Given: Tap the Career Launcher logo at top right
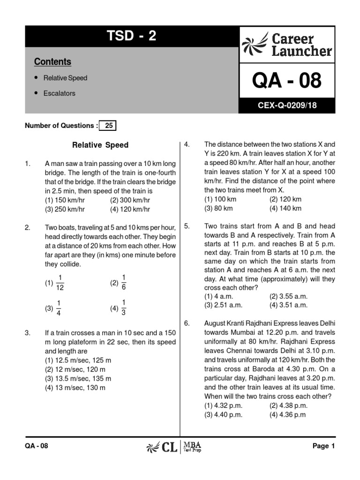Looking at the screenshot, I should coord(287,45).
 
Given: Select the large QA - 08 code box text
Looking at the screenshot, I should coord(287,81).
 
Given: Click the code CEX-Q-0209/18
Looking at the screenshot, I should coord(287,105).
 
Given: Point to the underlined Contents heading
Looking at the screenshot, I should coord(52,62).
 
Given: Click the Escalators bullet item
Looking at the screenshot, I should coord(59,93).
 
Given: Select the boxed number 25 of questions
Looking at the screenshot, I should coord(109,126).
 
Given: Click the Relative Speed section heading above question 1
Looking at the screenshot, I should coord(100,145).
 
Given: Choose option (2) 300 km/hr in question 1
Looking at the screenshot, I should coord(130,200).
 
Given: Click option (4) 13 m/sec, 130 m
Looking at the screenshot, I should coord(75,388).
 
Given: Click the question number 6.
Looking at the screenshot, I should coord(186,323).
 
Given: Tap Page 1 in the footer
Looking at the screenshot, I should coord(323,446).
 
